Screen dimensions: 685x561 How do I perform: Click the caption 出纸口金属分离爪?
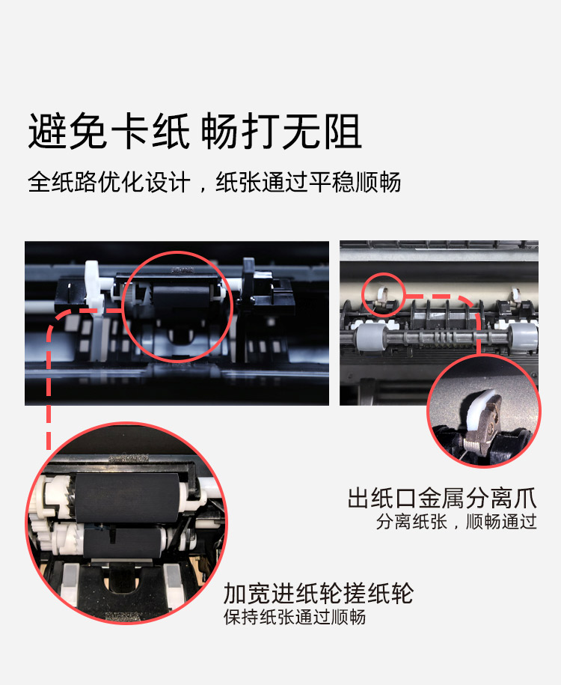(x=442, y=498)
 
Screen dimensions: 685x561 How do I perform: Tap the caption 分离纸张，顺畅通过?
(x=456, y=522)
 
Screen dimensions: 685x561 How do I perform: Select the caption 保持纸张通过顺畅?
(x=295, y=618)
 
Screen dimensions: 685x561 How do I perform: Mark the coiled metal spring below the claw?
(x=471, y=446)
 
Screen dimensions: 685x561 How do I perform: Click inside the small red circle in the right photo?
(x=383, y=295)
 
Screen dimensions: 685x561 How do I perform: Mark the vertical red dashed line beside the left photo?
(x=49, y=374)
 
